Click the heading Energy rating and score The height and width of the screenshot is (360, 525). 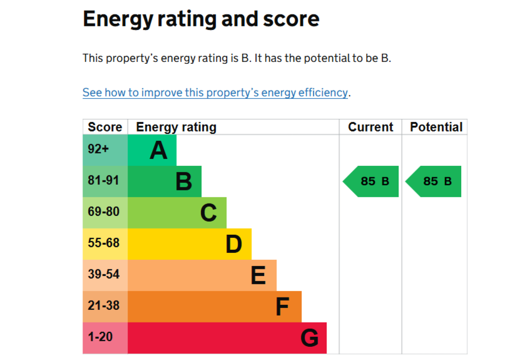pyautogui.click(x=201, y=19)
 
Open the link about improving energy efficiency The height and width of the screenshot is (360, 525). pyautogui.click(x=215, y=93)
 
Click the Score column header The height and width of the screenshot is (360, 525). pyautogui.click(x=105, y=127)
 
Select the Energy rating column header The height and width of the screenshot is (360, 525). pyautogui.click(x=176, y=127)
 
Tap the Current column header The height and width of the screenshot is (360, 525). pyautogui.click(x=370, y=127)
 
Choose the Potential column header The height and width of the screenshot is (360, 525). pyautogui.click(x=436, y=127)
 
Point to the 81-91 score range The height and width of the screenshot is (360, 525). pyautogui.click(x=103, y=181)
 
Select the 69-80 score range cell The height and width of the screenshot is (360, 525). pyautogui.click(x=103, y=212)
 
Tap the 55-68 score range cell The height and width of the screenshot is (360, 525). pyautogui.click(x=103, y=244)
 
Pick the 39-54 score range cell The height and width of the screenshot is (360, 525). pyautogui.click(x=103, y=275)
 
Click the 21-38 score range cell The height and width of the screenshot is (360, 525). pyautogui.click(x=103, y=306)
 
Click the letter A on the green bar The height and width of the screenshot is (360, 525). pyautogui.click(x=158, y=150)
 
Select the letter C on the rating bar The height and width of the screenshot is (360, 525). pyautogui.click(x=208, y=213)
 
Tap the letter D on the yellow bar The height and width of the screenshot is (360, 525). pyautogui.click(x=233, y=244)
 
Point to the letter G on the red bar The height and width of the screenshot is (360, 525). pyautogui.click(x=309, y=338)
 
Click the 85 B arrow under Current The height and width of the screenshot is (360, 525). pyautogui.click(x=372, y=182)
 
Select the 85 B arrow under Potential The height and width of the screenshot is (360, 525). pyautogui.click(x=434, y=182)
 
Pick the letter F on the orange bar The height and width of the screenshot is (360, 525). pyautogui.click(x=282, y=307)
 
